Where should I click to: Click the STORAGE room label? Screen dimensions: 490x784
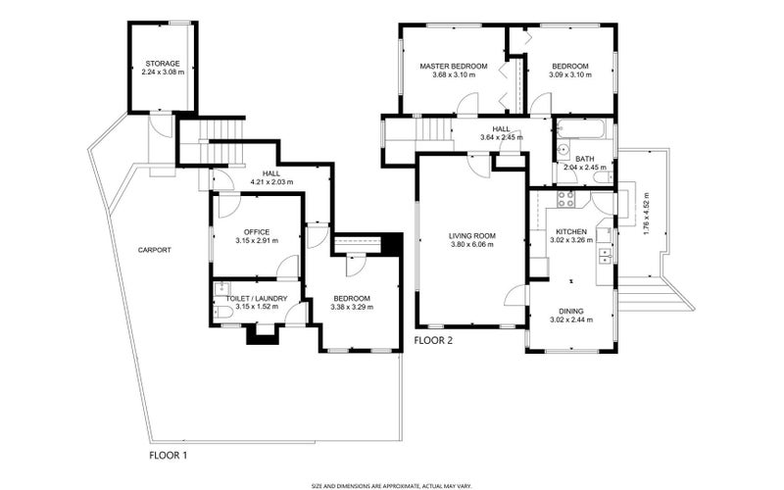[x=162, y=64]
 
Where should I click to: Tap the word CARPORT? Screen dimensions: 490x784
[x=155, y=250]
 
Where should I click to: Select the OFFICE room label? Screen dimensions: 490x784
[x=257, y=232]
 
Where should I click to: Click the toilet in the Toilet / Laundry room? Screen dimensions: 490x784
[x=221, y=311]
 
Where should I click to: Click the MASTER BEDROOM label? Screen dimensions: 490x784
[x=454, y=67]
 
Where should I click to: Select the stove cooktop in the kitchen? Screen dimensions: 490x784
[x=565, y=198]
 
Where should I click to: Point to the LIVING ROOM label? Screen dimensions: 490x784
[x=472, y=236]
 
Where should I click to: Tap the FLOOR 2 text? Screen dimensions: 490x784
[x=434, y=341]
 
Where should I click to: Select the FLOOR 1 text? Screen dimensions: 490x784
[x=168, y=456]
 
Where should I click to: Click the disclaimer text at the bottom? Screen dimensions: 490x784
[x=392, y=485]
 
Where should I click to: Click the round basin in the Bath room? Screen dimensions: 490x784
[x=564, y=150]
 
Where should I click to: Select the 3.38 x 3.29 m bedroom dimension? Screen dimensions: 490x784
[x=351, y=308]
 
